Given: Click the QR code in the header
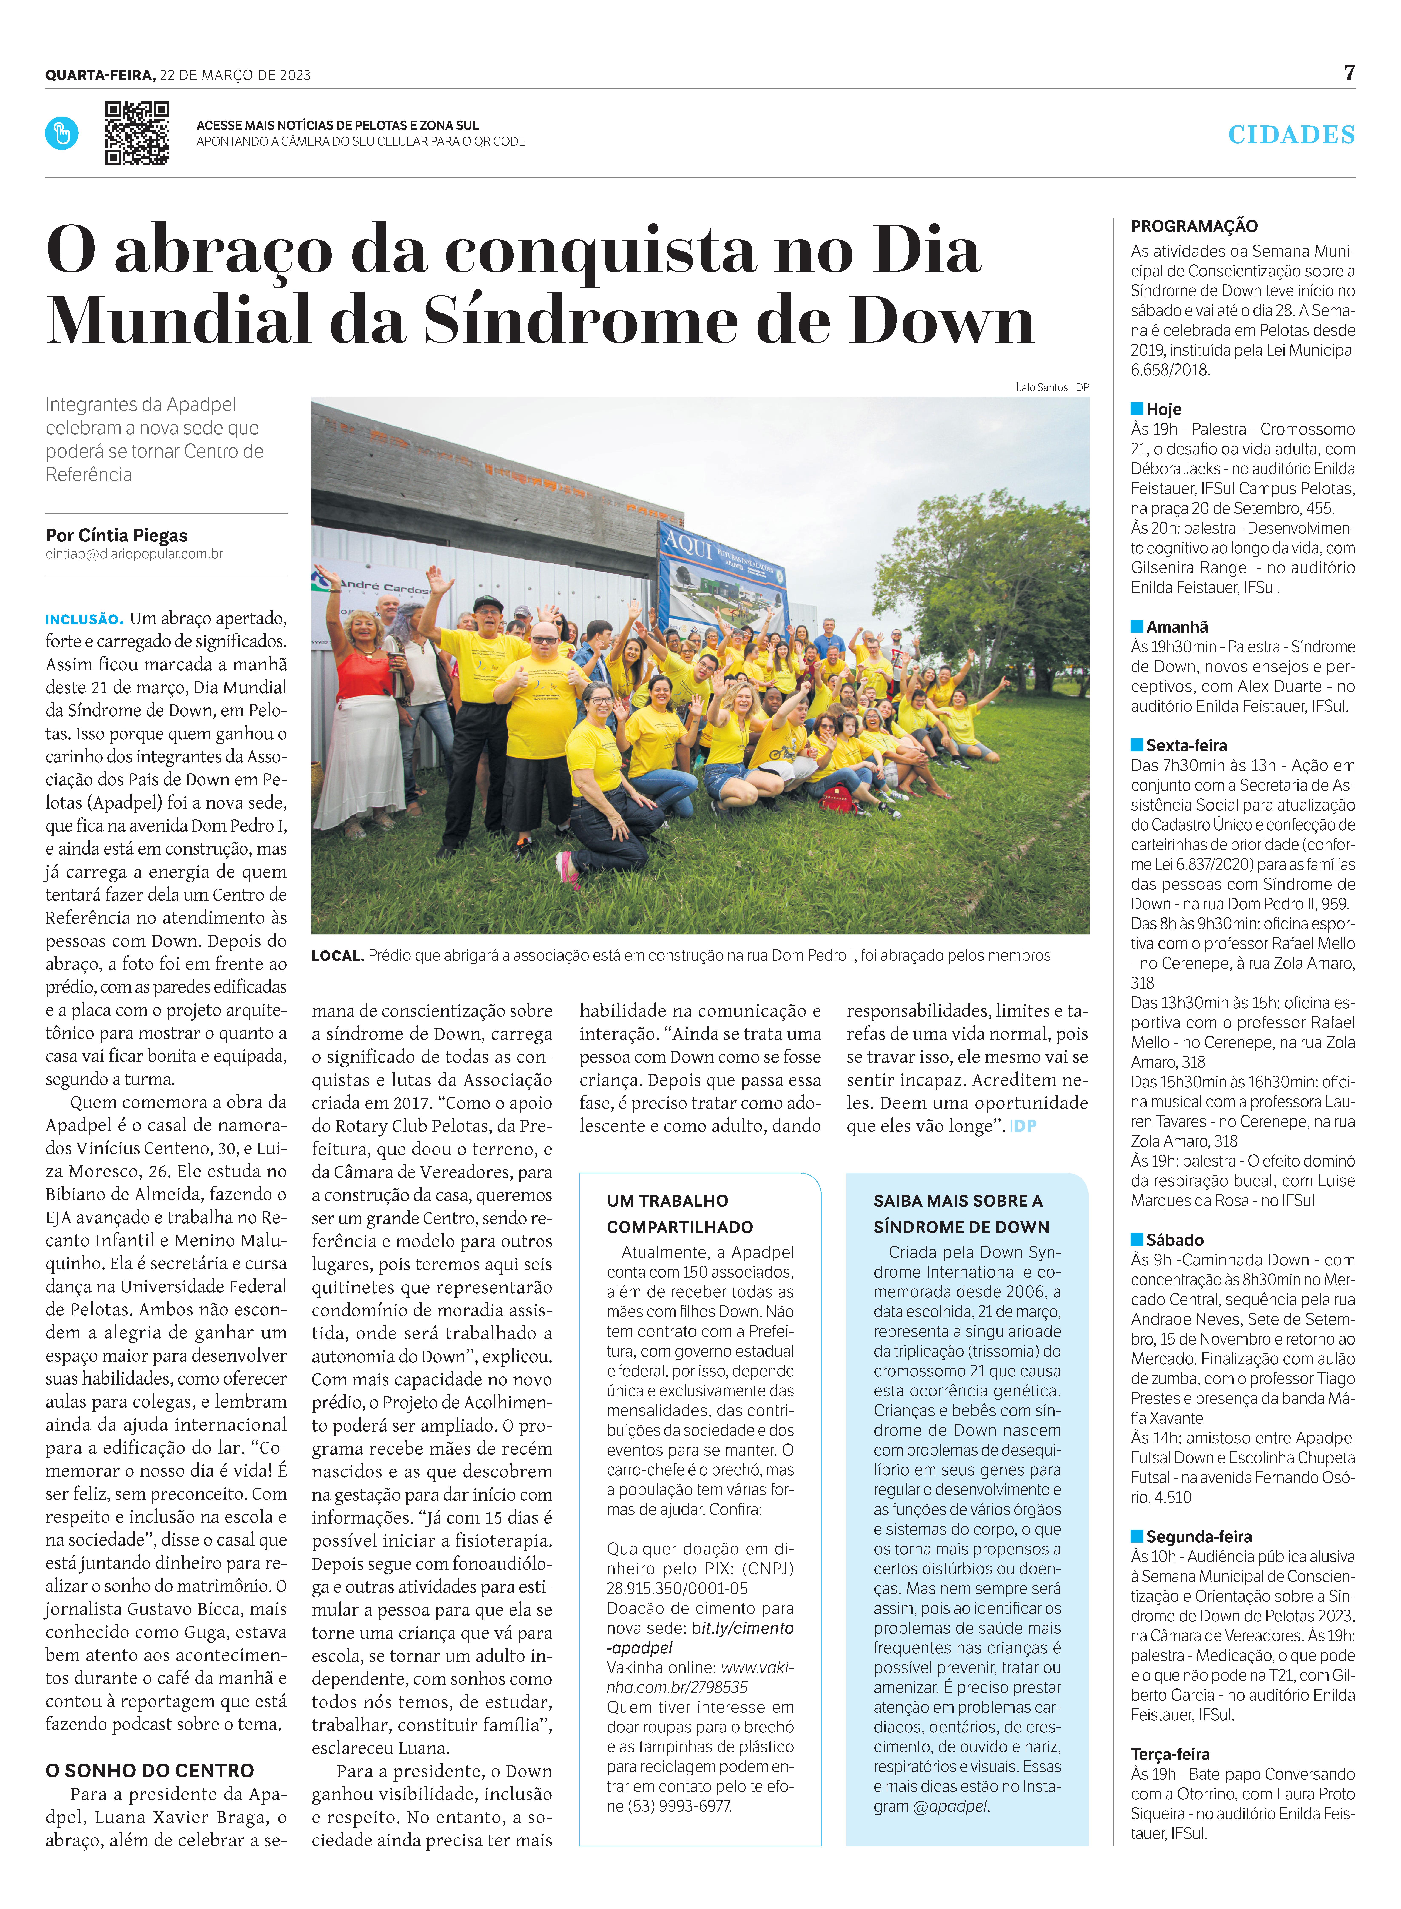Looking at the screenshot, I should pos(136,133).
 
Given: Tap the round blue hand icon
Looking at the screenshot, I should pos(62,133).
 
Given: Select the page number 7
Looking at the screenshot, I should pos(1349,73).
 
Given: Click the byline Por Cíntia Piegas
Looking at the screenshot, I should pos(116,535).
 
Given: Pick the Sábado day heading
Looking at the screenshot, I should pos(1175,1239).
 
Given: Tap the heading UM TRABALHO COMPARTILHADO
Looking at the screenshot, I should pos(667,1213).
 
